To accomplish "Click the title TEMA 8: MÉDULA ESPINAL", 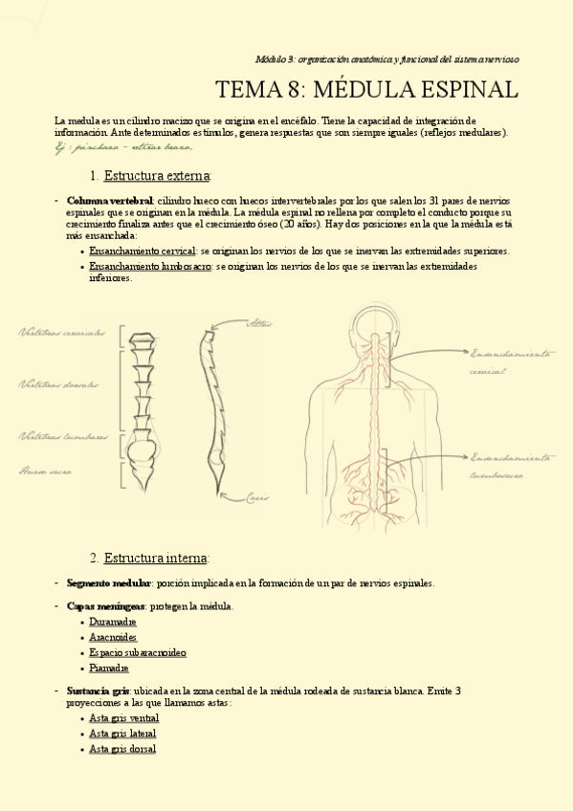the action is (366, 91).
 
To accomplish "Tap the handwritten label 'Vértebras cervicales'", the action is (61, 333).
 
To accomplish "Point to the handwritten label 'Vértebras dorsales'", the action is (58, 384).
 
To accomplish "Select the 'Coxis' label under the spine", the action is (256, 496).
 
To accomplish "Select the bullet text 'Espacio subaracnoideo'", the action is (137, 652).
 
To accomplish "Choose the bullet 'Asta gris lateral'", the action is (122, 734).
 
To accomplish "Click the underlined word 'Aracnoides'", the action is (113, 637).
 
